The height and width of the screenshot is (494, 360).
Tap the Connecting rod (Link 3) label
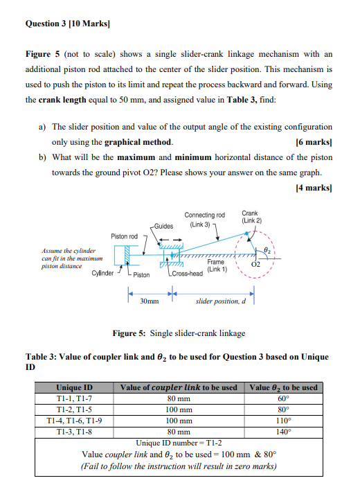click(205, 220)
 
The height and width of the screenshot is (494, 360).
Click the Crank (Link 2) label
click(250, 217)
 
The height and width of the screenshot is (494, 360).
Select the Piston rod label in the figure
click(125, 236)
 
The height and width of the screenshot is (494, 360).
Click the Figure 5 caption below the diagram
click(179, 333)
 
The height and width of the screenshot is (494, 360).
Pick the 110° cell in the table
click(282, 420)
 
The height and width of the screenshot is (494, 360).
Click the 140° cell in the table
click(282, 431)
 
